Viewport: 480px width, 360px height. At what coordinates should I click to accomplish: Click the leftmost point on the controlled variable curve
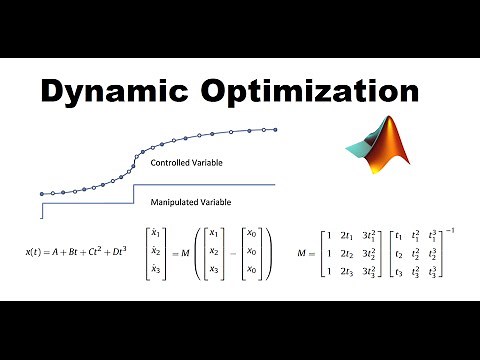42,194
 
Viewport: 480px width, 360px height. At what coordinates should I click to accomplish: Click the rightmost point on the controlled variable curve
275,128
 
